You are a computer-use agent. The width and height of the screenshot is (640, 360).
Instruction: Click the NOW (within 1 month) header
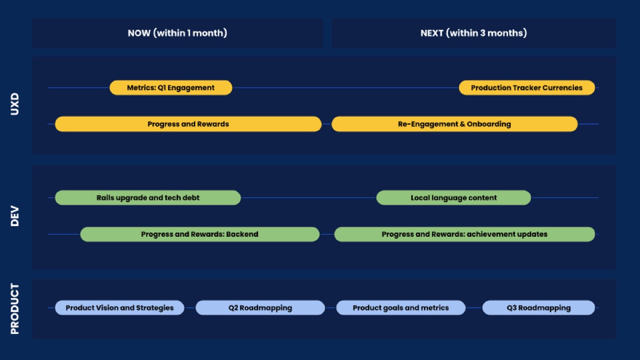point(177,33)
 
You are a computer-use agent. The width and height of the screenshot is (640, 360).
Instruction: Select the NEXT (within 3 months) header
point(474,33)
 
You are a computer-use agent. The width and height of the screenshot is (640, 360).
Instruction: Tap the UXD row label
point(15,105)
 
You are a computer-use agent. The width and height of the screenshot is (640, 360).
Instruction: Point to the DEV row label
point(15,216)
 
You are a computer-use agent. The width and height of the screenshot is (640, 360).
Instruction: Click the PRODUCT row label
point(15,309)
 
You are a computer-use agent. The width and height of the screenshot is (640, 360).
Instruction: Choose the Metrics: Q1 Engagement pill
point(171,88)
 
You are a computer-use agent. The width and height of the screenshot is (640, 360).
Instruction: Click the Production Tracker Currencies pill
point(527,88)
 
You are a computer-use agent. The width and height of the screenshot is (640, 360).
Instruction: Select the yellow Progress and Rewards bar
point(188,124)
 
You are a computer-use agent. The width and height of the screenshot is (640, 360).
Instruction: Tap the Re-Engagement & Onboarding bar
point(454,124)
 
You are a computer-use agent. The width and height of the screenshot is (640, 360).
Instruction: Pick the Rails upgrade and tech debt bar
point(148,198)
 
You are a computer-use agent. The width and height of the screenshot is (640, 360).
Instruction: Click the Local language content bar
point(453,198)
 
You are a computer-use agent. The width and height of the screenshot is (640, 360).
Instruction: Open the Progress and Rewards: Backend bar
point(199,234)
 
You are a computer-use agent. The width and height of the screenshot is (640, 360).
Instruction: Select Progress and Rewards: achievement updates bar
point(465,234)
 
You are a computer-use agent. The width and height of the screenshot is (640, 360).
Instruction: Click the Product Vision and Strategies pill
point(119,308)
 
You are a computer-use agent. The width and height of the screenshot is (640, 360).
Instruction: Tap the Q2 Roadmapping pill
point(260,308)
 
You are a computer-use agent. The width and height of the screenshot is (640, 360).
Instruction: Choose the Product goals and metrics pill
point(401,308)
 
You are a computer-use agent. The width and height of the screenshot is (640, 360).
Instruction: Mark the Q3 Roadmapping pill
point(539,308)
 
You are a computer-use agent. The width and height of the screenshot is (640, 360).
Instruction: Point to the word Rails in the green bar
point(107,198)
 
